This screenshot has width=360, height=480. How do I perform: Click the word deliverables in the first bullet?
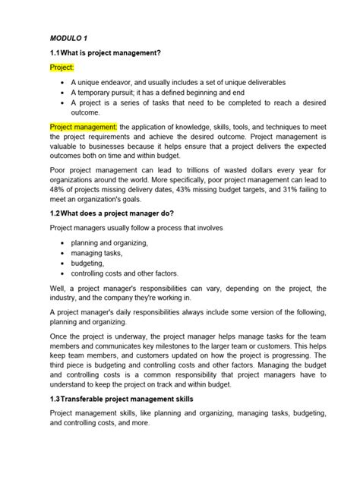275,82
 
